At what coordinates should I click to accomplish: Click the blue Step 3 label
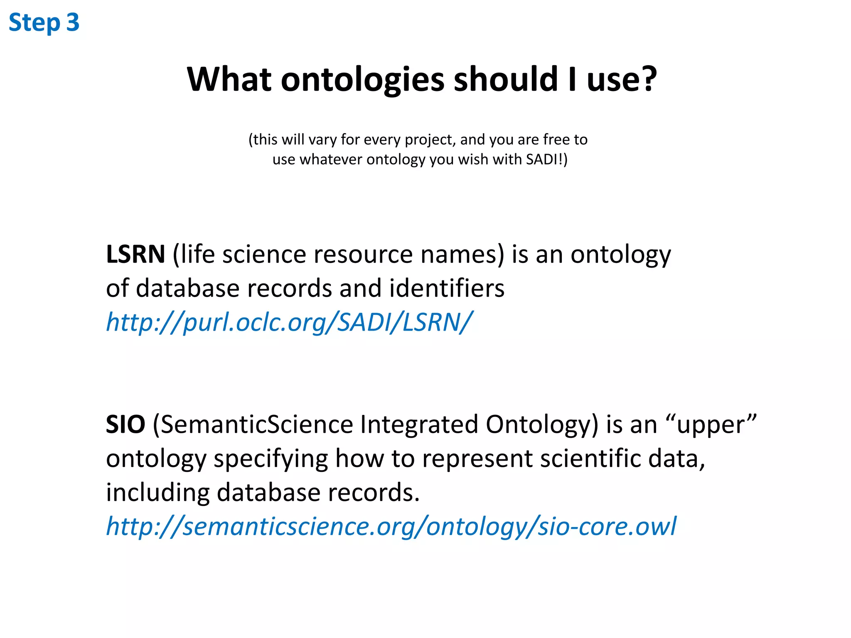tap(44, 22)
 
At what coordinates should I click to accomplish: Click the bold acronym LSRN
tap(135, 254)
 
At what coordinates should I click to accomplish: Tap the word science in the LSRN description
tap(264, 254)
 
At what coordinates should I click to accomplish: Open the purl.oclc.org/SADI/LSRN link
tap(289, 322)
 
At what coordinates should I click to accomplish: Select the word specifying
tap(271, 459)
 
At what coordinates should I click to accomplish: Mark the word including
tap(157, 493)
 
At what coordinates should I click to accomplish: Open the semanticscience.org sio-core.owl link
tap(391, 527)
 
